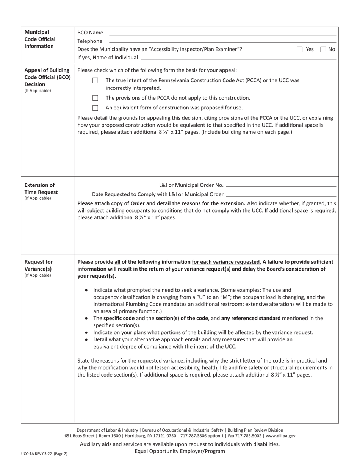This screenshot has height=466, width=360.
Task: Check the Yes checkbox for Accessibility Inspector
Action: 300,49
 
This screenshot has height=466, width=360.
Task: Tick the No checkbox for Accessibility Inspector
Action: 323,49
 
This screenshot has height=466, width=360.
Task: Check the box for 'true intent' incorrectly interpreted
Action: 95,81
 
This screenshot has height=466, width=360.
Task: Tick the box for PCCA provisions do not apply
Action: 95,98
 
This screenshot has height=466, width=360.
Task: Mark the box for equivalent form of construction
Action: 95,108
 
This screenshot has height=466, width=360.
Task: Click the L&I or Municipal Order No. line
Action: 281,186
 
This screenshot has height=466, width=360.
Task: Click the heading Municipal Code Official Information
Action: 40,39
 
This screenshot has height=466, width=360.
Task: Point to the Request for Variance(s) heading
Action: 38,265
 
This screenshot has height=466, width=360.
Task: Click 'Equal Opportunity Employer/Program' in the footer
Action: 180,451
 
